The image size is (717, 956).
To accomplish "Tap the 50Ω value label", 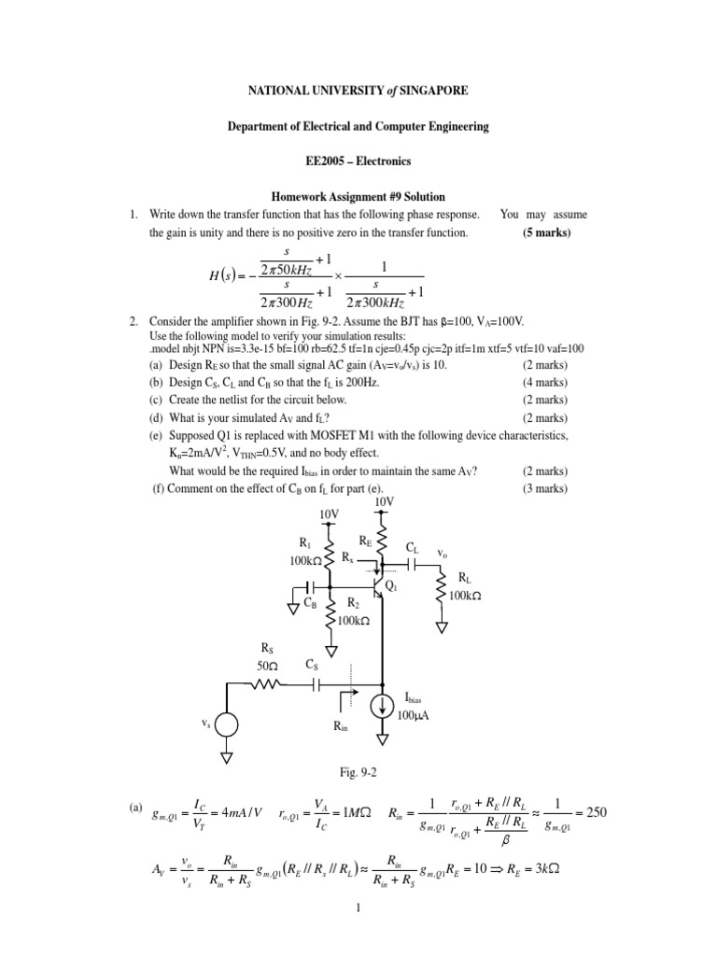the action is pos(268,666).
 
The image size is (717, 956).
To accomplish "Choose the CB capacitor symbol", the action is pos(313,587).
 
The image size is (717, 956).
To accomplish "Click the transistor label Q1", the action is pos(390,586).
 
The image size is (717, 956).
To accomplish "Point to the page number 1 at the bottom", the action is pos(358,932).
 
